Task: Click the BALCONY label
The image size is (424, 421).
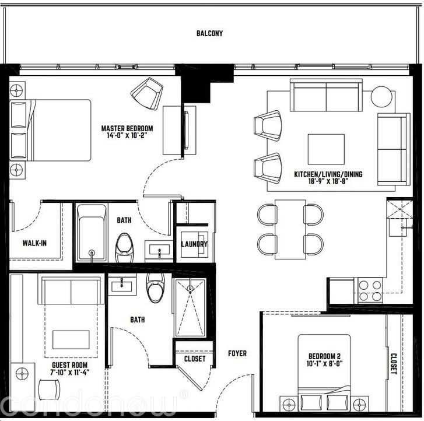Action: [x=209, y=33]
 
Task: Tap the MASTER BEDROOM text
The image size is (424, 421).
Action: [x=127, y=128]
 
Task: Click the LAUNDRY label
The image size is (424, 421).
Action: [x=194, y=244]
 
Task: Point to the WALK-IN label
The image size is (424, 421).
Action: [x=34, y=243]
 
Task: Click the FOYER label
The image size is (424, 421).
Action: [x=237, y=353]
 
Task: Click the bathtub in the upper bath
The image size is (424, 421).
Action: [x=92, y=233]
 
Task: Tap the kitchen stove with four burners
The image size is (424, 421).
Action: [x=369, y=290]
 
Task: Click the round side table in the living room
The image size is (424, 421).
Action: [x=383, y=96]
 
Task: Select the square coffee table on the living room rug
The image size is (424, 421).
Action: [x=326, y=150]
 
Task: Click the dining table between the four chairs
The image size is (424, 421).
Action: [x=290, y=229]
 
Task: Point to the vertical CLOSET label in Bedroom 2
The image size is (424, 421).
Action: [x=394, y=356]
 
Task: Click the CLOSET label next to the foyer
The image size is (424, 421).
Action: [x=194, y=359]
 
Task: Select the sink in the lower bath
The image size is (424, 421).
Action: [x=122, y=285]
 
